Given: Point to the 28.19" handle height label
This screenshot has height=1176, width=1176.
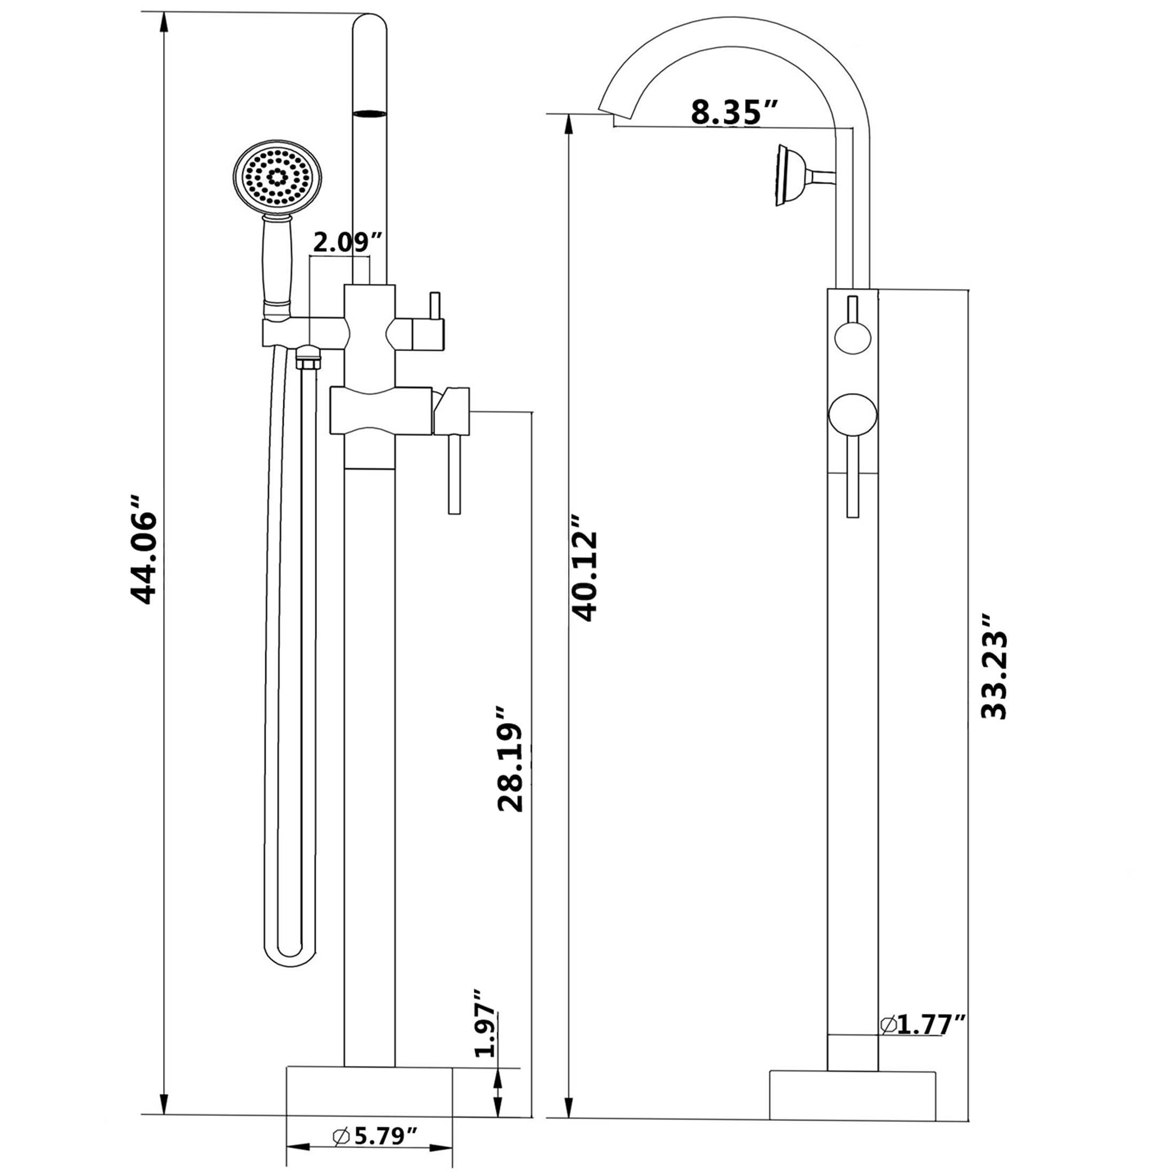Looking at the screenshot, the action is [x=510, y=759].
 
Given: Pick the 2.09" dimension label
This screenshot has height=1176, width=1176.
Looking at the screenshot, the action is [x=347, y=242].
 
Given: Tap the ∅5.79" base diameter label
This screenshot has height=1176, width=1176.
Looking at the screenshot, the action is [x=375, y=1135].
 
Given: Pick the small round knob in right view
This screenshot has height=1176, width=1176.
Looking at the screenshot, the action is [x=853, y=338].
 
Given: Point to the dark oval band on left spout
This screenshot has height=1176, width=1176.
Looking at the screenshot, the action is [x=369, y=112].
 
